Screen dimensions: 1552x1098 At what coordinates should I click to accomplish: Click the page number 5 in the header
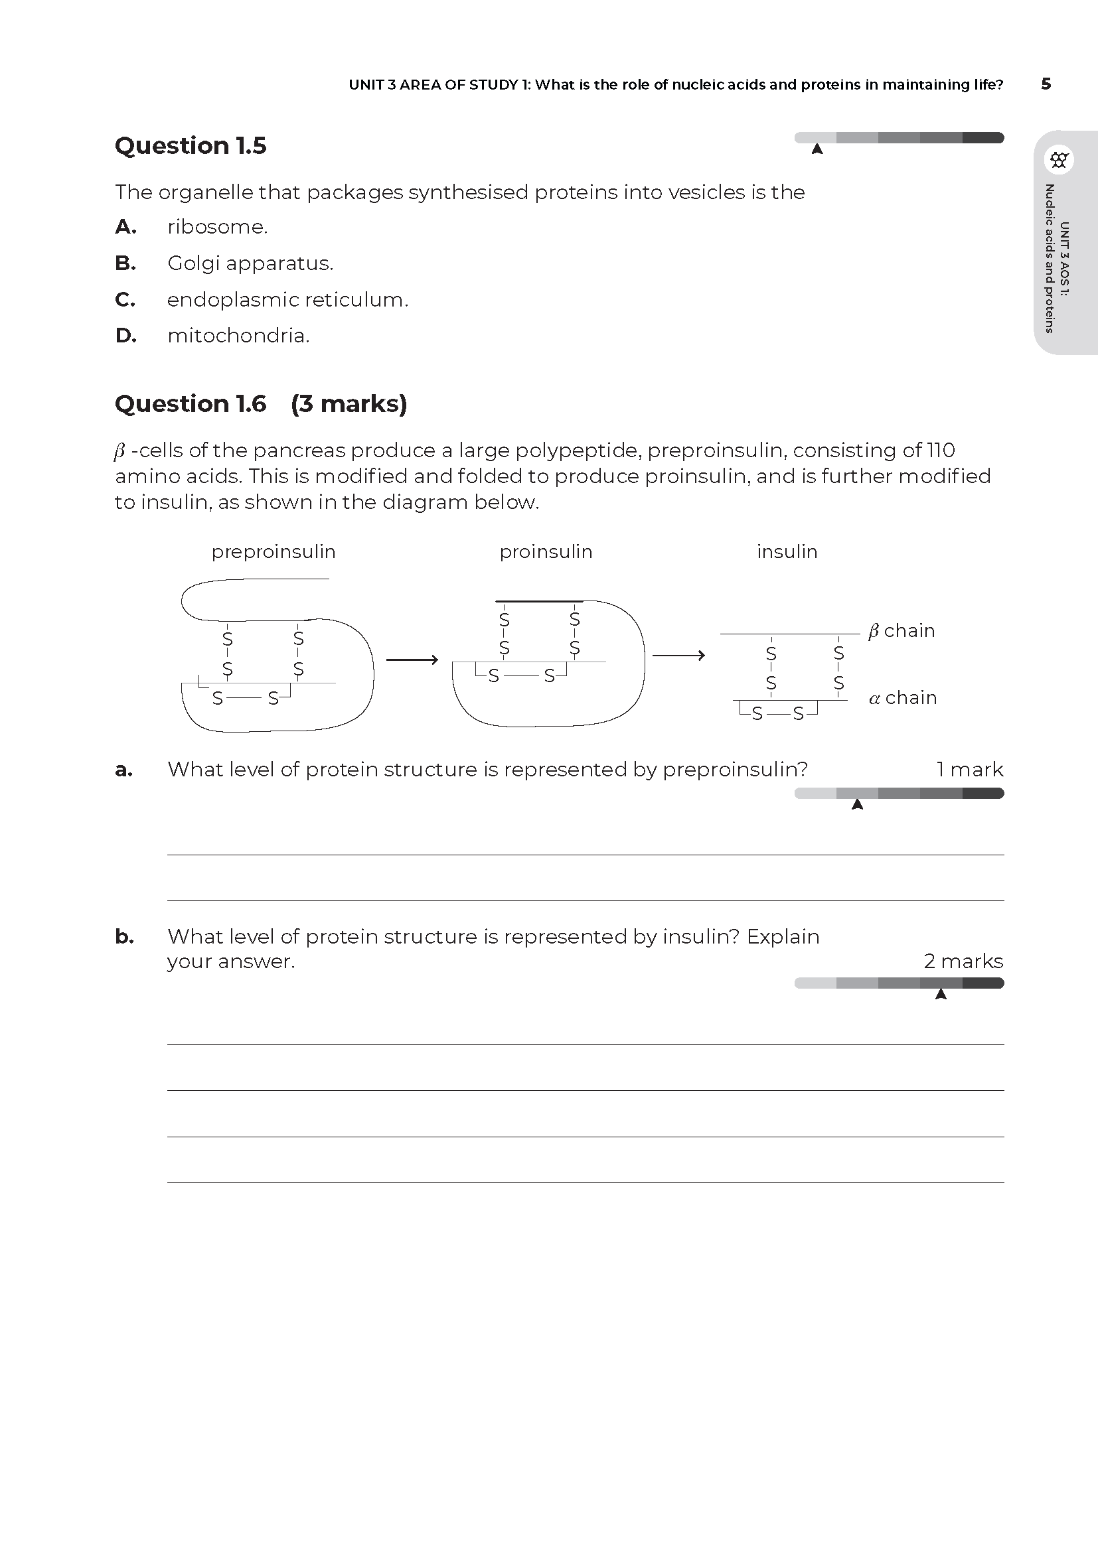(1046, 84)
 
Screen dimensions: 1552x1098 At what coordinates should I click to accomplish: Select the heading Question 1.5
(191, 145)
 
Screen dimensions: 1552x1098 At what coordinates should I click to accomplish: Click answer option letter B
(125, 263)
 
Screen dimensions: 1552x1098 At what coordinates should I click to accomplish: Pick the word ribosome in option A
(217, 226)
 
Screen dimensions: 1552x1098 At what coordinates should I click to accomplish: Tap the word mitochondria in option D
(238, 335)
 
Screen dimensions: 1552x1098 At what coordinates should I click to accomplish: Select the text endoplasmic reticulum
(287, 299)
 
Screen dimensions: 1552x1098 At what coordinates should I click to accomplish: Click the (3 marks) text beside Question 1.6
(349, 403)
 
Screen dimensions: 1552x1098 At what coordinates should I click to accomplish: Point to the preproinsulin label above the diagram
(273, 551)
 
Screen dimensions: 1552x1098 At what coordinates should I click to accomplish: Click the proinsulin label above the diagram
(546, 551)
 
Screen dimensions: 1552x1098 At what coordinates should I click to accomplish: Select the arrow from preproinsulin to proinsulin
(412, 659)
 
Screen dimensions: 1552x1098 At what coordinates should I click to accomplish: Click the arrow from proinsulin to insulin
(678, 655)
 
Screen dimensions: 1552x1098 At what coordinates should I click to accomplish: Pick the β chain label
(902, 630)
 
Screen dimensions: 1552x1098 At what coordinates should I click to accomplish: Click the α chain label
(903, 697)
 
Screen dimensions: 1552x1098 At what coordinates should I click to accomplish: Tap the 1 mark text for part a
(969, 769)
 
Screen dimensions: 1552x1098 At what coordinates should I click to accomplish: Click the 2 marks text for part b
(963, 961)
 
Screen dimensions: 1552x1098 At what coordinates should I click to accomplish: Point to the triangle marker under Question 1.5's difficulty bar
(817, 149)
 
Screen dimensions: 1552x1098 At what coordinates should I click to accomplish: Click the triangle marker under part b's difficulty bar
(941, 995)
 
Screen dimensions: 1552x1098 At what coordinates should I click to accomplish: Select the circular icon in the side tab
(1059, 160)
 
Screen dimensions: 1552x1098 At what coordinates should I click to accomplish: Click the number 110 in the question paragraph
(941, 450)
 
